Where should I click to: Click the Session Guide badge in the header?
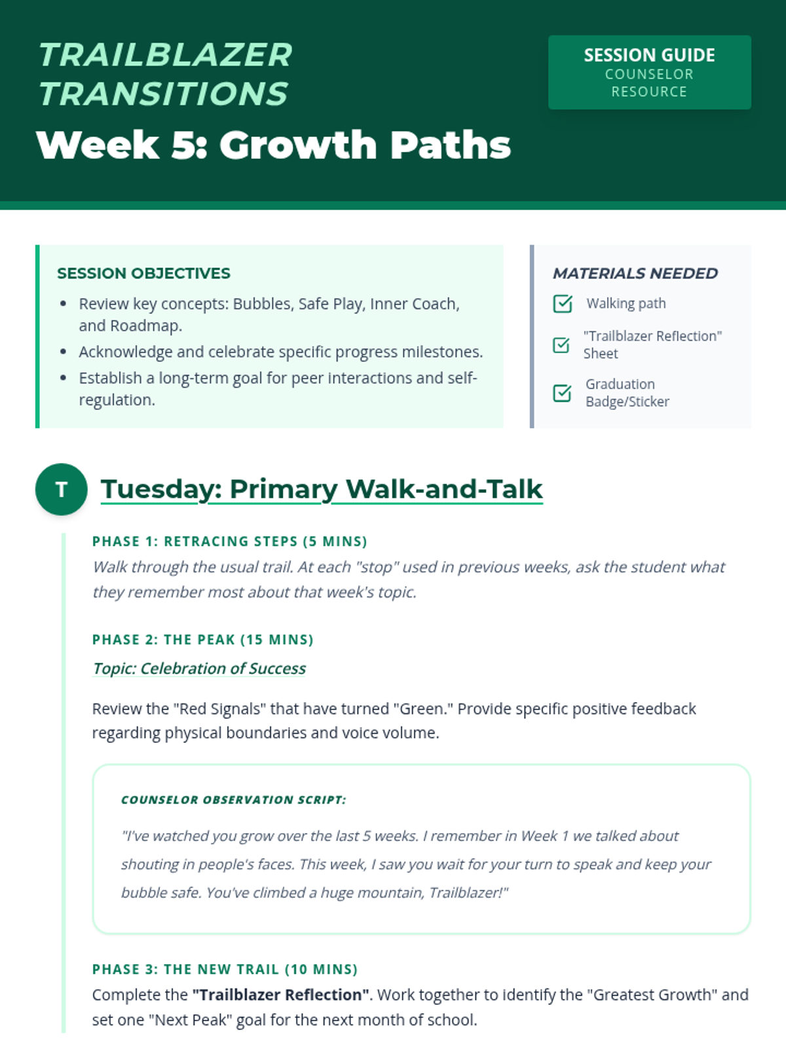(650, 72)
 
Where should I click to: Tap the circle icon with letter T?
(61, 489)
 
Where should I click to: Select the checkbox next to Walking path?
(562, 304)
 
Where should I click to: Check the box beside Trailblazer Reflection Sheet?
(561, 345)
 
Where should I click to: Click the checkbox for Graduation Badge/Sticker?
(562, 393)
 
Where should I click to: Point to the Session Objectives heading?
(143, 273)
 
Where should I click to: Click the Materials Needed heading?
(635, 273)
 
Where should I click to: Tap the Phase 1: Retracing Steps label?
(229, 541)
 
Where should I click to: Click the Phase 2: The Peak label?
(203, 639)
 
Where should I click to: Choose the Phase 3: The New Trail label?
(225, 969)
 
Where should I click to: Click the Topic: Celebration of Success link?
(199, 668)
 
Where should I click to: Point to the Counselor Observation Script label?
(234, 800)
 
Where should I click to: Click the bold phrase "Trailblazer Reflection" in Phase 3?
(280, 994)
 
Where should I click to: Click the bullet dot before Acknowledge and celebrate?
(64, 352)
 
